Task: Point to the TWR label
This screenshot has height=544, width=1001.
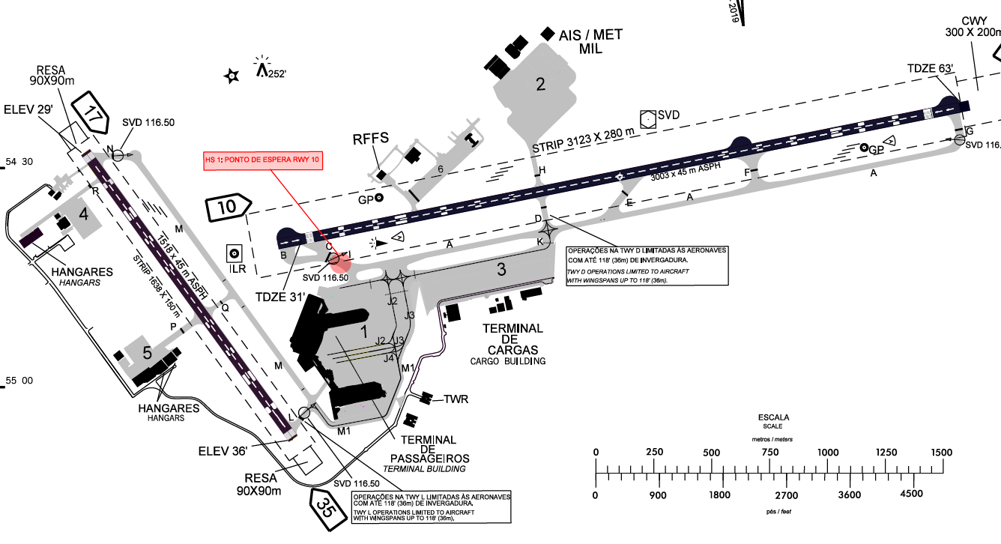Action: pos(456,399)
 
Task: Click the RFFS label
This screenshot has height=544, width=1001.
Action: pos(372,139)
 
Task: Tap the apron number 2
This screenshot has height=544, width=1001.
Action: pos(540,84)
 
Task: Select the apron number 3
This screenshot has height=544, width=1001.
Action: pos(502,270)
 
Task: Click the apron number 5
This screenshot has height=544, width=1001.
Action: pos(148,351)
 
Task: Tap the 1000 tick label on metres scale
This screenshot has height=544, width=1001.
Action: pos(827,453)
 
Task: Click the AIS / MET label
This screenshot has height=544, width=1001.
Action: pos(590,35)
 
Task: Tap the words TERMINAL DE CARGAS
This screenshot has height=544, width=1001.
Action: pos(512,339)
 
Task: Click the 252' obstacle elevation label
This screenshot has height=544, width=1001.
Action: pos(277,73)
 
